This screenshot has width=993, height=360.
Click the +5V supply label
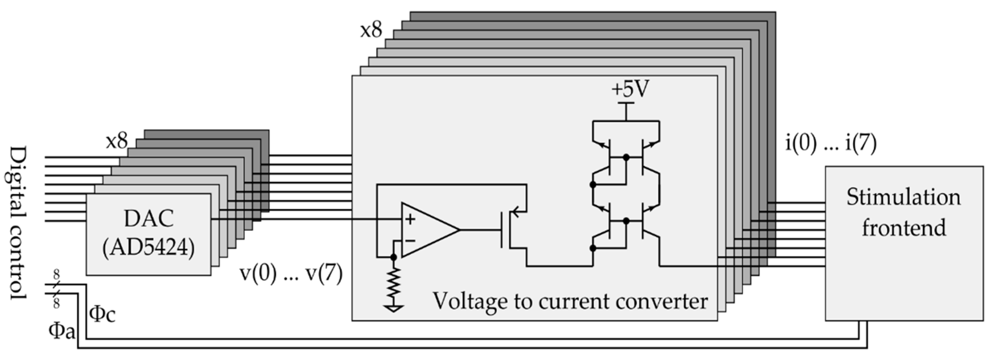click(630, 89)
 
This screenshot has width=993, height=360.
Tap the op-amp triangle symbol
click(428, 230)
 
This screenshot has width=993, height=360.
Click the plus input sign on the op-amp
click(411, 219)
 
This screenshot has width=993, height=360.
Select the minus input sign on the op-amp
click(410, 241)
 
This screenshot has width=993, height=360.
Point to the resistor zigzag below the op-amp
click(394, 283)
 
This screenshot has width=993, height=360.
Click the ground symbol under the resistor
click(394, 308)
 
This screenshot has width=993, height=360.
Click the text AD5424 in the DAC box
click(148, 247)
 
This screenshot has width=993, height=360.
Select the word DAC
click(148, 219)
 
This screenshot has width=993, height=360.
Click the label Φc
click(102, 314)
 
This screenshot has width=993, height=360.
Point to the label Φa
click(62, 331)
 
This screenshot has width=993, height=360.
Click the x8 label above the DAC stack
click(116, 141)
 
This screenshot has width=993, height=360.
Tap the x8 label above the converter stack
click(371, 30)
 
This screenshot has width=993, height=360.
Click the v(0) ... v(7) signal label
click(291, 274)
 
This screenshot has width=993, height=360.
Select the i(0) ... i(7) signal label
click(831, 143)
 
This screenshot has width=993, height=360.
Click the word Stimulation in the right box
click(903, 197)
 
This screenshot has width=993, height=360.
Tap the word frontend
click(903, 227)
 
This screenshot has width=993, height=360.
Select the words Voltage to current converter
click(570, 301)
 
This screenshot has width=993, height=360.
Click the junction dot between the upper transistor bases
click(626, 157)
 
